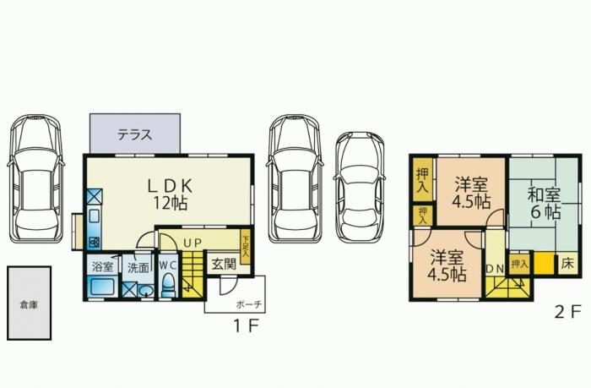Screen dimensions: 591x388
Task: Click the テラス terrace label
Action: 134,134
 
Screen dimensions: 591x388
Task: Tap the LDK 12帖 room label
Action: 171,194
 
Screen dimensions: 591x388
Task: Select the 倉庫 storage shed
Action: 29,303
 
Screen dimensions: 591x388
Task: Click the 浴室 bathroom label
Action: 103,267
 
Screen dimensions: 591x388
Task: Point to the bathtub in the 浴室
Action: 102,287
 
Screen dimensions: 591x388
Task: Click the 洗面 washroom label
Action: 138,268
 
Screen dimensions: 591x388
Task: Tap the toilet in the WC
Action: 168,286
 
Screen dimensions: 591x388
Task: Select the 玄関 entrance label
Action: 224,264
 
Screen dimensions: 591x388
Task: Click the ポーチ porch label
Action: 249,304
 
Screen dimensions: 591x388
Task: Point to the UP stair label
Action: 192,243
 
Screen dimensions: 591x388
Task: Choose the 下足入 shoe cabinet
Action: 246,247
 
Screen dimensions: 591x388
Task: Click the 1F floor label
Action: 246,325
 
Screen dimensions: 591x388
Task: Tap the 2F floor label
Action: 567,312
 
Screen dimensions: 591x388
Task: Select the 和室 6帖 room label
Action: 545,204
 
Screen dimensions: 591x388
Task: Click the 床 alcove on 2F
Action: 567,263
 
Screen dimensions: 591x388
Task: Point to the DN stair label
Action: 495,268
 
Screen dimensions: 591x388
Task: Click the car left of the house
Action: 35,178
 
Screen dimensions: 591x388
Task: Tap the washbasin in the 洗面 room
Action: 146,291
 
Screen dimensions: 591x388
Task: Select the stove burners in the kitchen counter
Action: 95,242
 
